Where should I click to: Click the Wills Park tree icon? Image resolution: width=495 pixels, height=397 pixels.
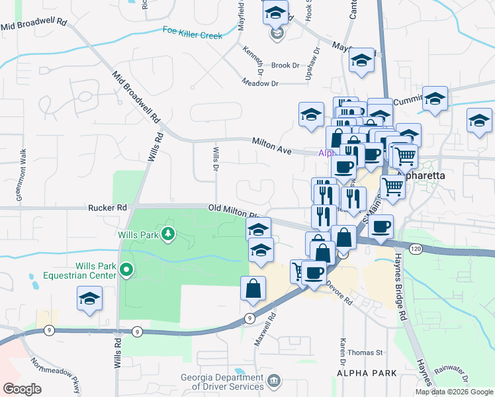pyautogui.click(x=168, y=233)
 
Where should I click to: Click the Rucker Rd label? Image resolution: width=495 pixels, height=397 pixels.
pyautogui.click(x=107, y=208)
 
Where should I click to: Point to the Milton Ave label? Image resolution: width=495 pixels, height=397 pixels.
pyautogui.click(x=271, y=146)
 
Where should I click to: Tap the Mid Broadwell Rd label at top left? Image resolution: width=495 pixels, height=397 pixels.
pyautogui.click(x=34, y=24)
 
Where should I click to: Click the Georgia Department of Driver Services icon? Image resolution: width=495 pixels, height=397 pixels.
pyautogui.click(x=274, y=380)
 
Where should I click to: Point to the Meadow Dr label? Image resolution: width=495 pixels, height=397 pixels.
pyautogui.click(x=260, y=83)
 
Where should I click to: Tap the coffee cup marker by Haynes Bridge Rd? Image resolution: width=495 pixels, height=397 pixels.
pyautogui.click(x=381, y=226)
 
